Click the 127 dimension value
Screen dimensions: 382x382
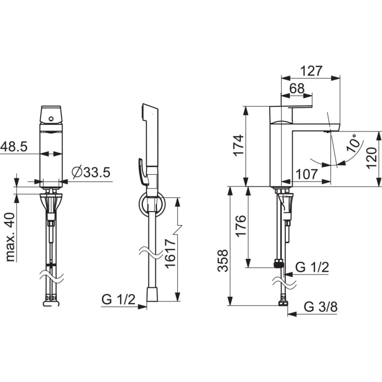coord(311,71)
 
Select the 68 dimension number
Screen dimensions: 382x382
coord(297,88)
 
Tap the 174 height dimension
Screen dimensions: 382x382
coord(239,145)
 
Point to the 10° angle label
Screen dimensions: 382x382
coord(353,143)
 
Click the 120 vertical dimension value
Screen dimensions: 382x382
coord(371,158)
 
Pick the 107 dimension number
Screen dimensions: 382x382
coord(307,175)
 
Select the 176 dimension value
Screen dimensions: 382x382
coord(241,226)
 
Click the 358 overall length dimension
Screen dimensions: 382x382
coord(222,261)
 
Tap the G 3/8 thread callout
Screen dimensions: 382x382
coord(321,307)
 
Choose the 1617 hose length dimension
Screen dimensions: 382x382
coord(170,254)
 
